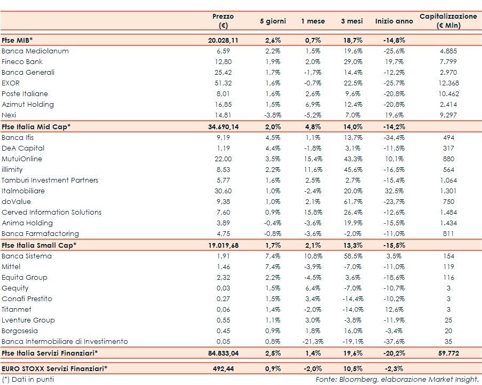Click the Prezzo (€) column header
[x=223, y=21]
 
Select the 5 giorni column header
[x=273, y=21]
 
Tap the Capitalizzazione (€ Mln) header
[x=448, y=21]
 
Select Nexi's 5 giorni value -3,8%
[x=273, y=115]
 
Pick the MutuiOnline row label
[x=22, y=159]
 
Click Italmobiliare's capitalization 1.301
[x=449, y=191]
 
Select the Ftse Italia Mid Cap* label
[x=36, y=127]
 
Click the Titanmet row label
[x=17, y=310]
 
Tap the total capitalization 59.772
[x=449, y=353]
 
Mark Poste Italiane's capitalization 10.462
[x=449, y=94]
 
